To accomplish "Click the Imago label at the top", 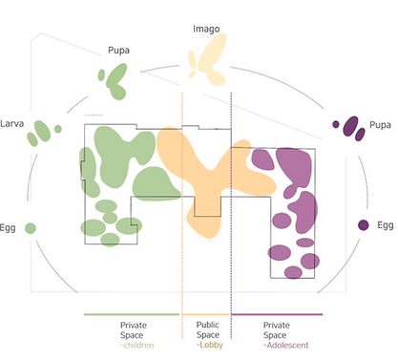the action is pyautogui.click(x=206, y=29).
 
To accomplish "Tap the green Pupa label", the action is pyautogui.click(x=118, y=51).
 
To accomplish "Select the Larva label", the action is pyautogui.click(x=11, y=123).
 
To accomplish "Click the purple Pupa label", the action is pyautogui.click(x=380, y=125).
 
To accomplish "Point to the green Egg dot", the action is pyautogui.click(x=31, y=228).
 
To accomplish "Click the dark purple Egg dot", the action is pyautogui.click(x=364, y=225).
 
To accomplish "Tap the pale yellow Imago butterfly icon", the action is pyautogui.click(x=207, y=59).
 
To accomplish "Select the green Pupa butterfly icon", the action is pyautogui.click(x=114, y=81).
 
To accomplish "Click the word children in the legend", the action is pyautogui.click(x=138, y=345).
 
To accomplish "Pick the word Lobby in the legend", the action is pyautogui.click(x=210, y=345).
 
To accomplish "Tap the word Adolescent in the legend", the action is pyautogui.click(x=286, y=345).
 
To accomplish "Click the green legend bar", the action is pyautogui.click(x=132, y=314).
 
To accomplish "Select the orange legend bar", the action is pyautogui.click(x=206, y=314).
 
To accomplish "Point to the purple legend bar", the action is pyautogui.click(x=277, y=314).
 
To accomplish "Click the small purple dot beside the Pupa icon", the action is pyautogui.click(x=336, y=124).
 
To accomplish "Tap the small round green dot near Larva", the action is pyautogui.click(x=58, y=129).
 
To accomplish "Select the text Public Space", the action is pyautogui.click(x=208, y=329).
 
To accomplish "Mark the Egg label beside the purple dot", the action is pyautogui.click(x=386, y=225).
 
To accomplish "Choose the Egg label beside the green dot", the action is pyautogui.click(x=8, y=228).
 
